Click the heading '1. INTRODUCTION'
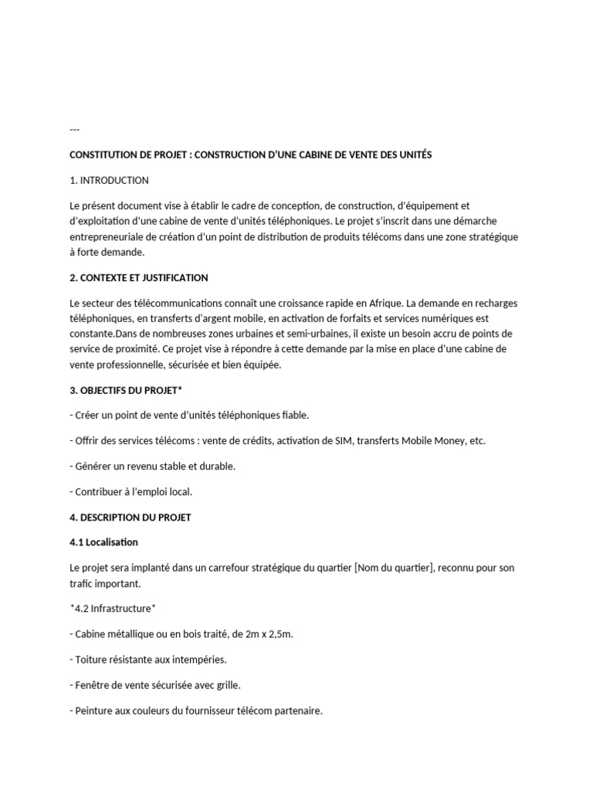point(109,181)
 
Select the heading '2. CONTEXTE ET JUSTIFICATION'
point(138,277)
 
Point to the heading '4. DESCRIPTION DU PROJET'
point(130,518)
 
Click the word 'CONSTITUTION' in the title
point(100,154)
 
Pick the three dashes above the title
point(74,129)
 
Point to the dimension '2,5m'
point(279,634)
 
